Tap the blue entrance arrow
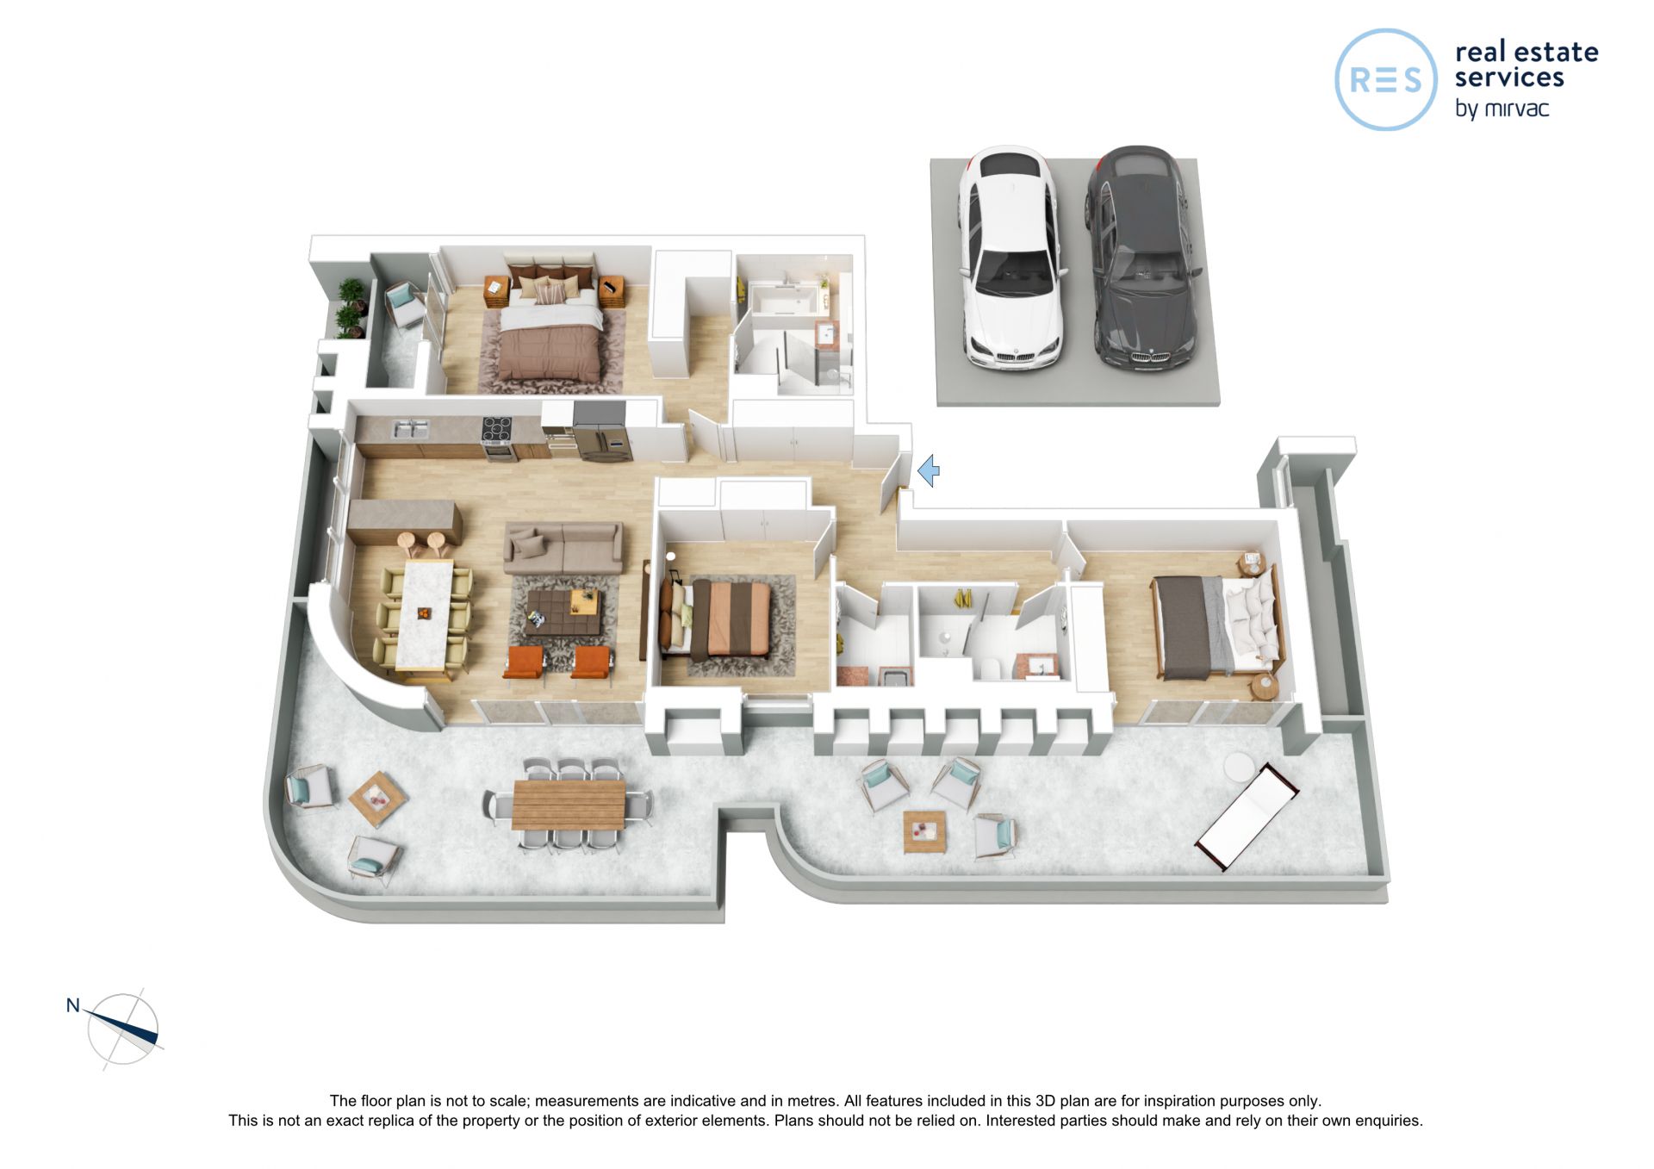928,471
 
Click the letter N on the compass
73,1005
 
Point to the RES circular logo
1385,79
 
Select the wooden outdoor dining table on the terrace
569,804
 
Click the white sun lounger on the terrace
1247,815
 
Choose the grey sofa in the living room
563,548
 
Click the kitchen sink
410,428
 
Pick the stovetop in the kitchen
497,427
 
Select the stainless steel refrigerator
601,431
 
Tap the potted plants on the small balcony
351,308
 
